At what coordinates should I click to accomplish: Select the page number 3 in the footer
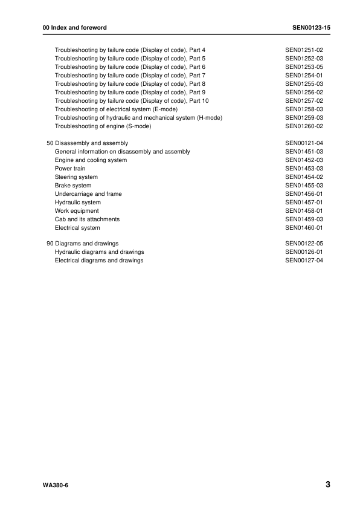pyautogui.click(x=327, y=485)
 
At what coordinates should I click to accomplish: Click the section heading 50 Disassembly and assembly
pyautogui.click(x=87, y=143)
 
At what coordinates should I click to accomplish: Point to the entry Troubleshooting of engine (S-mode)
pyautogui.click(x=103, y=126)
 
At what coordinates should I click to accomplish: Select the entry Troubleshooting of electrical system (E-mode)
pyautogui.click(x=116, y=109)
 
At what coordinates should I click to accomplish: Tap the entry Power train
pyautogui.click(x=69, y=169)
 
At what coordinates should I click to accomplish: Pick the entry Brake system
pyautogui.click(x=73, y=186)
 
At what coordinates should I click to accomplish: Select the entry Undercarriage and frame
pyautogui.click(x=88, y=194)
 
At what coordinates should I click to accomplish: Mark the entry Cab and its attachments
pyautogui.click(x=87, y=219)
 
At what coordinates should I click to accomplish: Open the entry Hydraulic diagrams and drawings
pyautogui.click(x=100, y=251)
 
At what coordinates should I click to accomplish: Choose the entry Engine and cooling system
pyautogui.click(x=91, y=160)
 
